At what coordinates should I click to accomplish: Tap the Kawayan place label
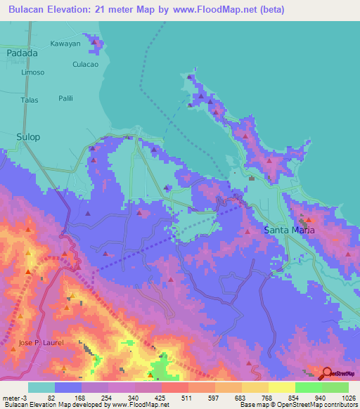coord(65,43)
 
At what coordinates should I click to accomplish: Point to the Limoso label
coord(32,72)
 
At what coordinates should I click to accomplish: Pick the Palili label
coord(66,98)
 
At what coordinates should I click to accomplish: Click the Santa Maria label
coord(290,230)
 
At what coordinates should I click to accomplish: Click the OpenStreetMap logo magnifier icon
coord(326,374)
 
